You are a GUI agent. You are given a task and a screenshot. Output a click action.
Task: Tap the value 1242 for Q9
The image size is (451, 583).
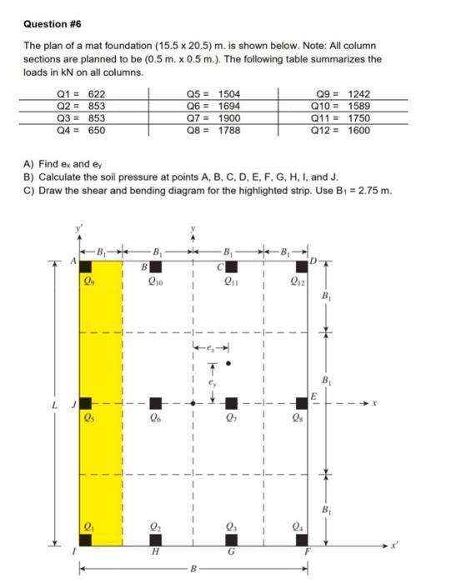coord(358,96)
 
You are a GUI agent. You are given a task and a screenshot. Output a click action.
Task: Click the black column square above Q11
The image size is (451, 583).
coord(232,267)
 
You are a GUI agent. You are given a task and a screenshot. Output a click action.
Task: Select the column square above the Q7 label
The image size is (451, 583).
coord(232,404)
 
